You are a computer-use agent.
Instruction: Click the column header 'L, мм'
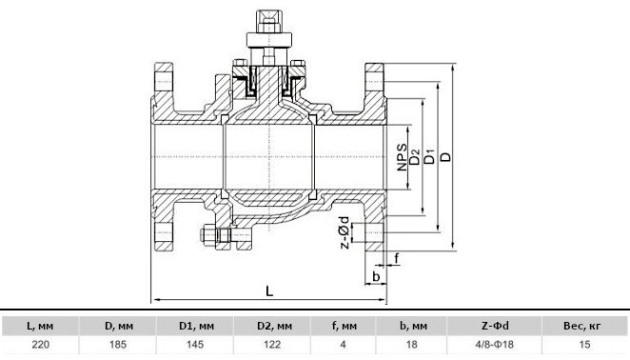40,326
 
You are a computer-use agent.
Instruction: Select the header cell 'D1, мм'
196,326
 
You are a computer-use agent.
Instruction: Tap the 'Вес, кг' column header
584,326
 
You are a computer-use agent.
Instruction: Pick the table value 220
40,345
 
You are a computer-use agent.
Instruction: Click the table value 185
118,345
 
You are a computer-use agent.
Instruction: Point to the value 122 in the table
272,345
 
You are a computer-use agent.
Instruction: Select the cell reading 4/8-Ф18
495,345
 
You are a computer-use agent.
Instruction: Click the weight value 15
584,345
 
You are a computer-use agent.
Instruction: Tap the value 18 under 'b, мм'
411,345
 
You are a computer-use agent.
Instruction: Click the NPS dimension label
403,157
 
